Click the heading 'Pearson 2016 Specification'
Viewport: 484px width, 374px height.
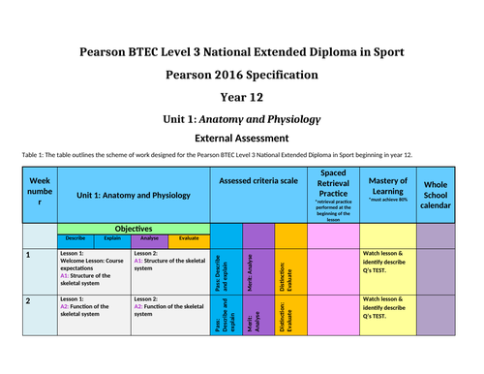pyautogui.click(x=241, y=74)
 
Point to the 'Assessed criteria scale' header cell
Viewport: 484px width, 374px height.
pyautogui.click(x=257, y=182)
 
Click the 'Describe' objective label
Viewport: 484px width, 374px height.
pyautogui.click(x=75, y=237)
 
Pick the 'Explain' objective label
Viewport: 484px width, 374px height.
pyautogui.click(x=112, y=237)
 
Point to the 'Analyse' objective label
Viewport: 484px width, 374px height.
pyautogui.click(x=150, y=237)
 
